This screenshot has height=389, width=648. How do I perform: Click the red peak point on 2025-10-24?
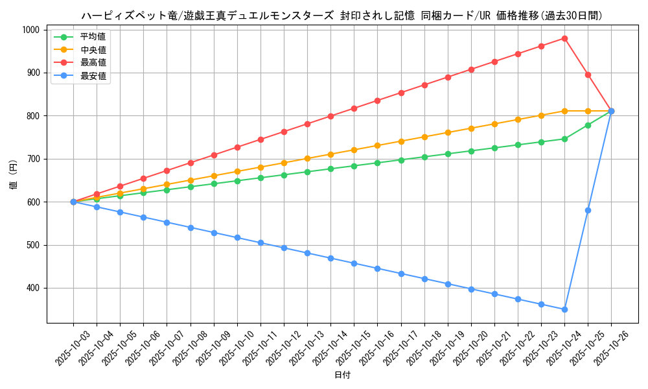pyautogui.click(x=564, y=38)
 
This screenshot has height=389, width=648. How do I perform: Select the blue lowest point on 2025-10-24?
pyautogui.click(x=564, y=309)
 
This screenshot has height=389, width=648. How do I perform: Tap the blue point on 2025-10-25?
pyautogui.click(x=588, y=210)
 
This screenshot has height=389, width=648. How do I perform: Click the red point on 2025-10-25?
pyautogui.click(x=588, y=75)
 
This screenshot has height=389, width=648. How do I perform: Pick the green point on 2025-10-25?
pyautogui.click(x=588, y=125)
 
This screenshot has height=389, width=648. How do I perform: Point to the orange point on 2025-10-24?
pyautogui.click(x=564, y=111)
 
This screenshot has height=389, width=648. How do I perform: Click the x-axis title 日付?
pyautogui.click(x=342, y=375)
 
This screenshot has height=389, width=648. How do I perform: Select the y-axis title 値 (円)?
pyautogui.click(x=14, y=175)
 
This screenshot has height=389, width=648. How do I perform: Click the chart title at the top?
pyautogui.click(x=342, y=16)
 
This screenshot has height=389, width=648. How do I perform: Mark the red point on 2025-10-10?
pyautogui.click(x=237, y=147)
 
